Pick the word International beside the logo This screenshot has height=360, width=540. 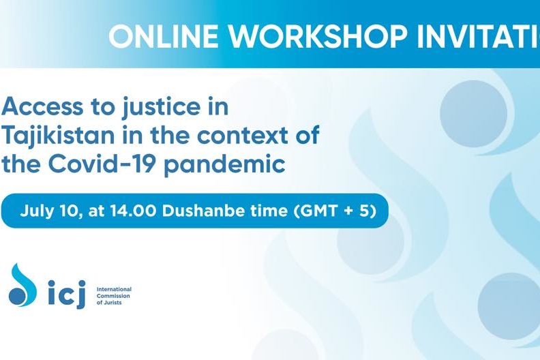(114, 289)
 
